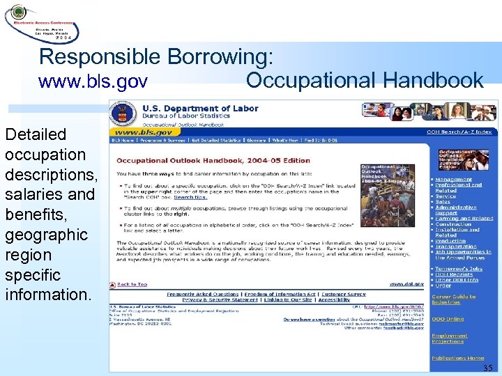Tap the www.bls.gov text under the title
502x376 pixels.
click(x=93, y=82)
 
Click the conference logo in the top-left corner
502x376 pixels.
click(x=42, y=22)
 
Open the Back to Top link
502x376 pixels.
click(x=132, y=284)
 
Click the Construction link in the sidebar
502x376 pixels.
click(x=453, y=224)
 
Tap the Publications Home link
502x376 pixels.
click(x=457, y=358)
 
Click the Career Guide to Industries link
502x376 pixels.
click(x=454, y=299)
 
